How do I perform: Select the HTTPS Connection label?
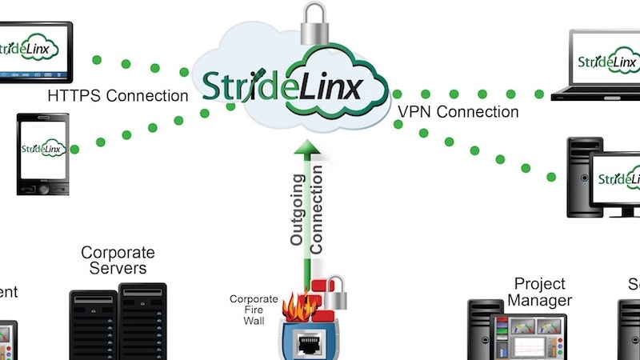118,96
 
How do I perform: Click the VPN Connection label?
458,112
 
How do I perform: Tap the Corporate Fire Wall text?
254,310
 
